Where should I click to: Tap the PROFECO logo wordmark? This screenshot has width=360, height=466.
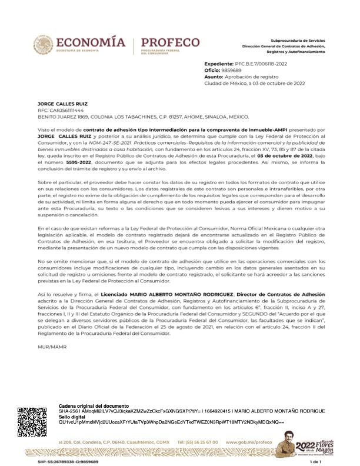pos(171,42)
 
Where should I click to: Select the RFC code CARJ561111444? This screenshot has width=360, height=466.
pos(58,110)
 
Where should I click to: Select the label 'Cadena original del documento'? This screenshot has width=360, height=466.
pos(94,407)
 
